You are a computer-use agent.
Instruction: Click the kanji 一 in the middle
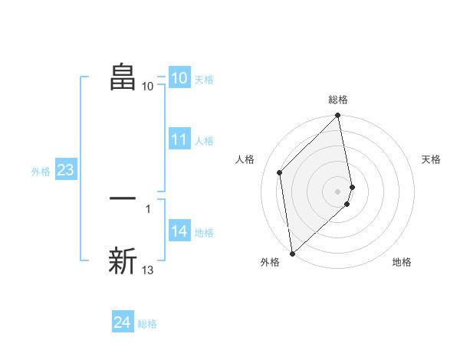point(123,198)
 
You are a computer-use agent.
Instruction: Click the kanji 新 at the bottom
point(123,260)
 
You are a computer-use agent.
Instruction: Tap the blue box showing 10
point(179,78)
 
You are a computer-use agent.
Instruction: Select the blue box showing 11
point(179,139)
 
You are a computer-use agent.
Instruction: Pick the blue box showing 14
point(179,231)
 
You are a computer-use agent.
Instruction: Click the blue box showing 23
point(65,170)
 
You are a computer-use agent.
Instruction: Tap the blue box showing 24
point(122,322)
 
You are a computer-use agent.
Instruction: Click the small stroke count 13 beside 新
point(148,270)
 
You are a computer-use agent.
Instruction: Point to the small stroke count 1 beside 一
point(147,208)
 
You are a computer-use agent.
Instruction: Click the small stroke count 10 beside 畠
point(148,86)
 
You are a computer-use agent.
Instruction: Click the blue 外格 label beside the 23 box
point(41,172)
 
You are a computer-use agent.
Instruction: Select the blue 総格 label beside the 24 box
point(147,324)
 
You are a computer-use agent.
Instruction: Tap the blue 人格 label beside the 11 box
point(204,141)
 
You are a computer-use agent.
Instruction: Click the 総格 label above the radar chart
point(338,100)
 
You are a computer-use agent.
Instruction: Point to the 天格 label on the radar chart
point(432,159)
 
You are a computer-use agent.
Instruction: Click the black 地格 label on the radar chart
point(402,262)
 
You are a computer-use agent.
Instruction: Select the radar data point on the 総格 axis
point(338,116)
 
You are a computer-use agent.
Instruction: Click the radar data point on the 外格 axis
point(292,253)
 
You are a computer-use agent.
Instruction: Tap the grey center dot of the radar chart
point(338,190)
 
